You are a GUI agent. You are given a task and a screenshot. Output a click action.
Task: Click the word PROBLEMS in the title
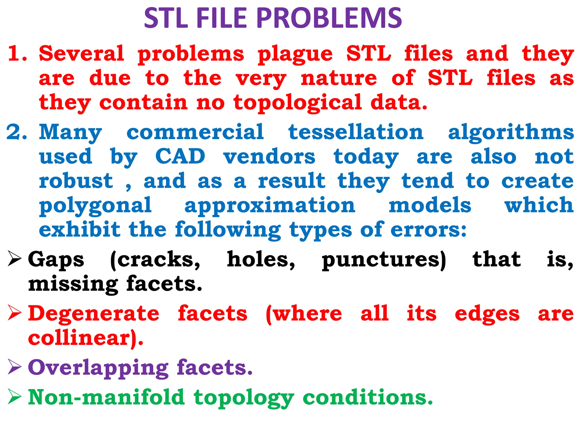[329, 18]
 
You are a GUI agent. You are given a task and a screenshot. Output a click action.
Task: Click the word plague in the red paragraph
[295, 54]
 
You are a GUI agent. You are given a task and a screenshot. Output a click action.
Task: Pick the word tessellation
[356, 132]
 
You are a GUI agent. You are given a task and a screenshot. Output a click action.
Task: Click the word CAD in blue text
[180, 156]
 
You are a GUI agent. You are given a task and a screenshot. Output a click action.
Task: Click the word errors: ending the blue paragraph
[428, 230]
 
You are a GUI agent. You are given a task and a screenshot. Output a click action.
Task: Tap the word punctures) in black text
[384, 260]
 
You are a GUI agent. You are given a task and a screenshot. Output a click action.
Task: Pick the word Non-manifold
[106, 397]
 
